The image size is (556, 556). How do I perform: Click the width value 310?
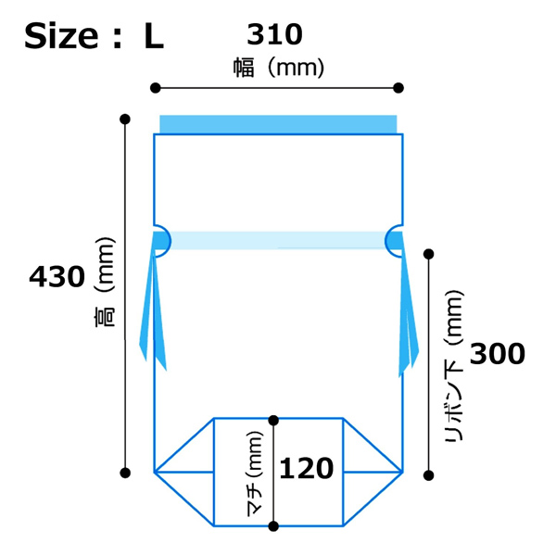274,34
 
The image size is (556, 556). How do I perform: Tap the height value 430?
57,277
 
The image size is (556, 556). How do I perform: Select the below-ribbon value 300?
497,354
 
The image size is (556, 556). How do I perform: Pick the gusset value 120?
307,468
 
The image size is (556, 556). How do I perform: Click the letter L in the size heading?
154,36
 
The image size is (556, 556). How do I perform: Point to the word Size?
61,36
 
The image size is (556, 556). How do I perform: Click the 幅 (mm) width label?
279,68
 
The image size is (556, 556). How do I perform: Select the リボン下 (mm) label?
454,365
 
